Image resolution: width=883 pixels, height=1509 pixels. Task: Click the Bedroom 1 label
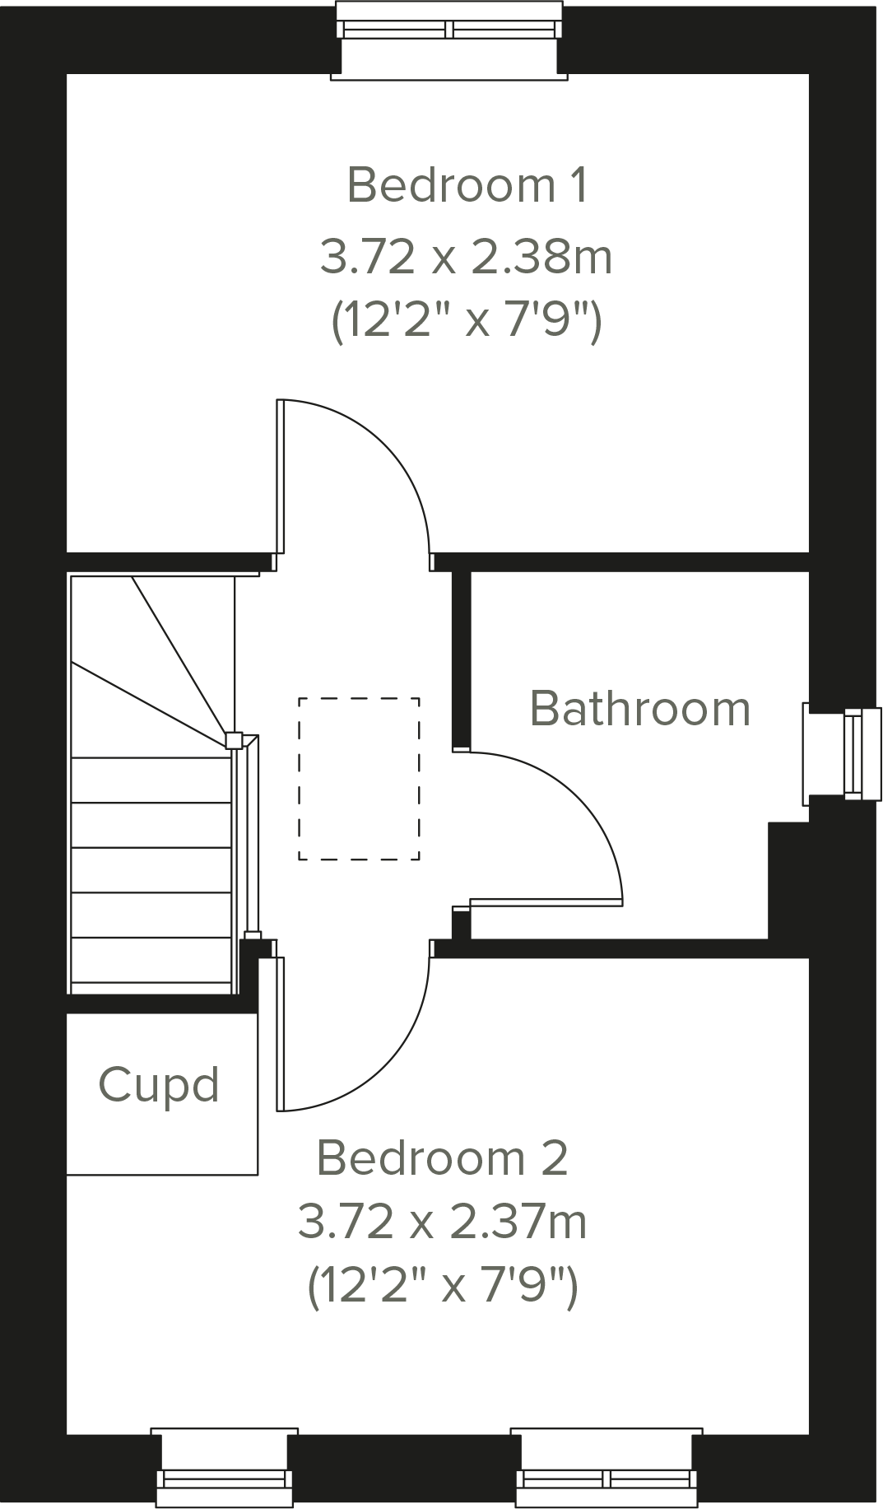(467, 184)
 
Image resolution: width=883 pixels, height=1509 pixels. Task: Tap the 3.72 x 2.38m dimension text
(466, 257)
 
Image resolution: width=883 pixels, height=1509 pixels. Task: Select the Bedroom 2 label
(442, 1157)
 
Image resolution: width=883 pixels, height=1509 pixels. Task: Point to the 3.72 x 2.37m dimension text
(442, 1222)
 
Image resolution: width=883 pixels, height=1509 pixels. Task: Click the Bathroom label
(639, 708)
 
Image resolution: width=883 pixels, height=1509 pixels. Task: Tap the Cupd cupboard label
(159, 1085)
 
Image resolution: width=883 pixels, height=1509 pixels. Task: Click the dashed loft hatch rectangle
(359, 779)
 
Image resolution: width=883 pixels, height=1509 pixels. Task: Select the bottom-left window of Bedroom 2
(225, 1478)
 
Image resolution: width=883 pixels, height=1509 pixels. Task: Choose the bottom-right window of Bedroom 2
(606, 1478)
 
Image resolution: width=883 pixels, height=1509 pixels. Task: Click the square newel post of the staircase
(234, 740)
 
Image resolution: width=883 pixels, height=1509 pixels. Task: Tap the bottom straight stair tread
(151, 960)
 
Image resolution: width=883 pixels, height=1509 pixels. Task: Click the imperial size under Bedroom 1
(466, 322)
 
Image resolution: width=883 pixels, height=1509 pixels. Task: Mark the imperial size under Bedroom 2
(442, 1286)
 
